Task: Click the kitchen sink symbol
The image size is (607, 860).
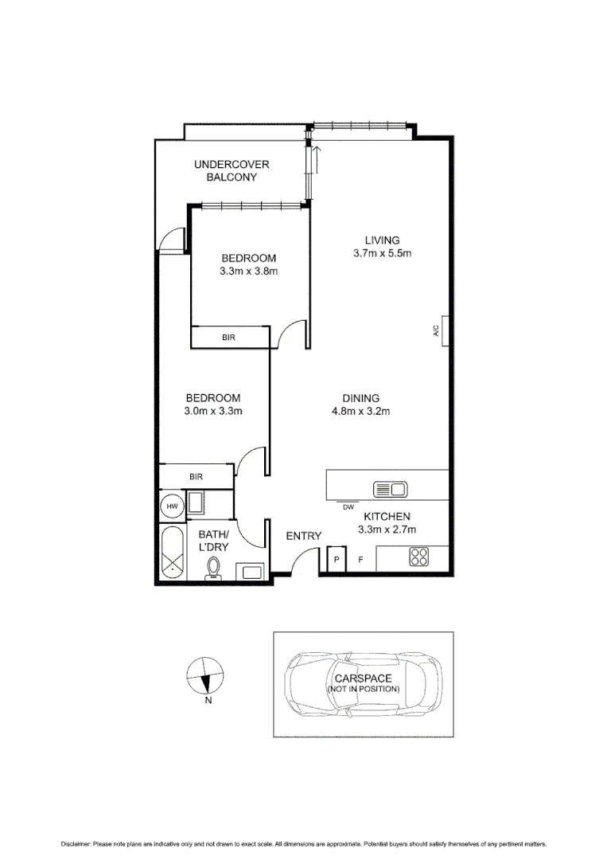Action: (x=390, y=488)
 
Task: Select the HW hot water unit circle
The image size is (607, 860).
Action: (x=171, y=505)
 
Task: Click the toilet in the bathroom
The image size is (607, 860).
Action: (x=212, y=568)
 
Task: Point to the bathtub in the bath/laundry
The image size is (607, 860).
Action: (x=171, y=552)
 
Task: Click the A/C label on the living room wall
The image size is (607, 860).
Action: (x=437, y=332)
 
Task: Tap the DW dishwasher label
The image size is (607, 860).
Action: (x=348, y=506)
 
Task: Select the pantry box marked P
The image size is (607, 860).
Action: (x=336, y=560)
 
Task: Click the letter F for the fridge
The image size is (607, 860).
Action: (x=360, y=560)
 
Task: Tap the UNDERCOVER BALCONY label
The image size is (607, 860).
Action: (x=232, y=170)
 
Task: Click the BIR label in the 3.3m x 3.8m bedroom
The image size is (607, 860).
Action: (x=228, y=338)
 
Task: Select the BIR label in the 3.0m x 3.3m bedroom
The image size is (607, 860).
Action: (x=196, y=476)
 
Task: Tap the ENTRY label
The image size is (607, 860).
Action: (x=303, y=536)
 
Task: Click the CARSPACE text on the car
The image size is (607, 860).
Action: (x=364, y=678)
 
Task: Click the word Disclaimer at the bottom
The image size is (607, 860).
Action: (x=76, y=843)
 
